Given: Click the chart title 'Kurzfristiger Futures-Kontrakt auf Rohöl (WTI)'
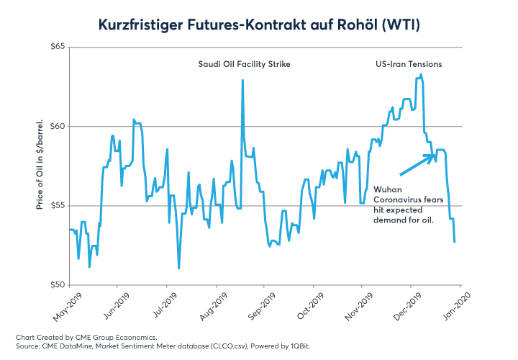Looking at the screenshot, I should [259, 25].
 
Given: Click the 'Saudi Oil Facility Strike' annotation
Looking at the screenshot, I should [244, 64].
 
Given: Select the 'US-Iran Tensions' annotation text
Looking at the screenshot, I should [409, 64].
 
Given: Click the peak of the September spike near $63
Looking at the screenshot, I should [242, 80].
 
